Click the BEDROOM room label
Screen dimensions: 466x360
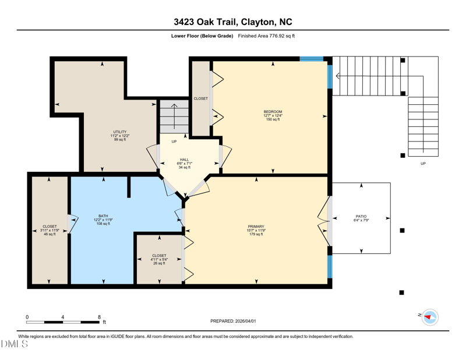pyautogui.click(x=273, y=112)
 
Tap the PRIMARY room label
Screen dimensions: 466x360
pyautogui.click(x=256, y=227)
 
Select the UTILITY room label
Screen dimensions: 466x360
pyautogui.click(x=120, y=132)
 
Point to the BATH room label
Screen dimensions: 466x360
pyautogui.click(x=103, y=216)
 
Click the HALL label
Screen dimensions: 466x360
pyautogui.click(x=184, y=160)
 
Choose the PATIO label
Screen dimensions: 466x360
pyautogui.click(x=361, y=217)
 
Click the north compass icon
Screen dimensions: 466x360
pyautogui.click(x=430, y=317)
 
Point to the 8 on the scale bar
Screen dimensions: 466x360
pyautogui.click(x=99, y=317)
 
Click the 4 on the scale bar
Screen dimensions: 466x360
pyautogui.click(x=63, y=317)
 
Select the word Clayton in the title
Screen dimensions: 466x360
pyautogui.click(x=257, y=22)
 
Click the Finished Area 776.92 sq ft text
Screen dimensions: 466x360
pyautogui.click(x=266, y=36)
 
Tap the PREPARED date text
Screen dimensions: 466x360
pyautogui.click(x=233, y=321)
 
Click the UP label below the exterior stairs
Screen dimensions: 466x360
pyautogui.click(x=423, y=164)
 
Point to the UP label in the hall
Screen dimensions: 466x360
pyautogui.click(x=174, y=142)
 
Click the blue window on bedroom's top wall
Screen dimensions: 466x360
pyautogui.click(x=311, y=59)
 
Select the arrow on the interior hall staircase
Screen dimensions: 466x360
pyautogui.click(x=174, y=117)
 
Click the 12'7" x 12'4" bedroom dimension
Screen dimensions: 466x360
pyautogui.click(x=273, y=116)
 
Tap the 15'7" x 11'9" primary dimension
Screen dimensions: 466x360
pyautogui.click(x=256, y=230)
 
